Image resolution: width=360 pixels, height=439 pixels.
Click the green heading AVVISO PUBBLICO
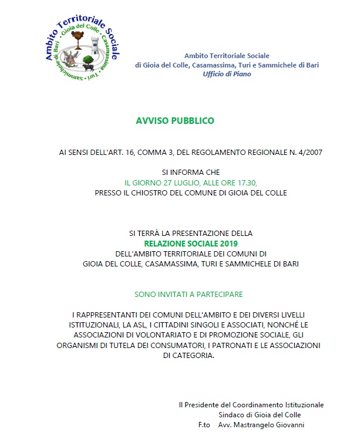[x=175, y=121]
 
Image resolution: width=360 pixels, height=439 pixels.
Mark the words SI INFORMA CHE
[x=191, y=173]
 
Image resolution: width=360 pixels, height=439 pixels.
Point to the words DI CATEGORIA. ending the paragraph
[x=190, y=356]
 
